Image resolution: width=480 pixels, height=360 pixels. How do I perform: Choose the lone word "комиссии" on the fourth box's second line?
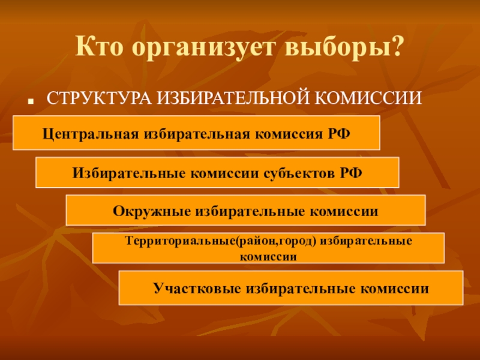pyautogui.click(x=268, y=256)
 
